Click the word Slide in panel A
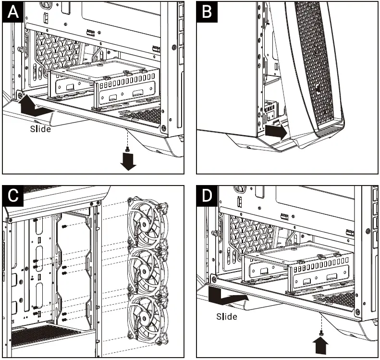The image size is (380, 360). (x=40, y=129)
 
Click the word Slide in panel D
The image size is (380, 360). (x=226, y=316)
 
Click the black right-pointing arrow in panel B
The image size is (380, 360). (x=276, y=131)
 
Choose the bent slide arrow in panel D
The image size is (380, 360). (x=228, y=296)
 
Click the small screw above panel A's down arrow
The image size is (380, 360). (x=127, y=149)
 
